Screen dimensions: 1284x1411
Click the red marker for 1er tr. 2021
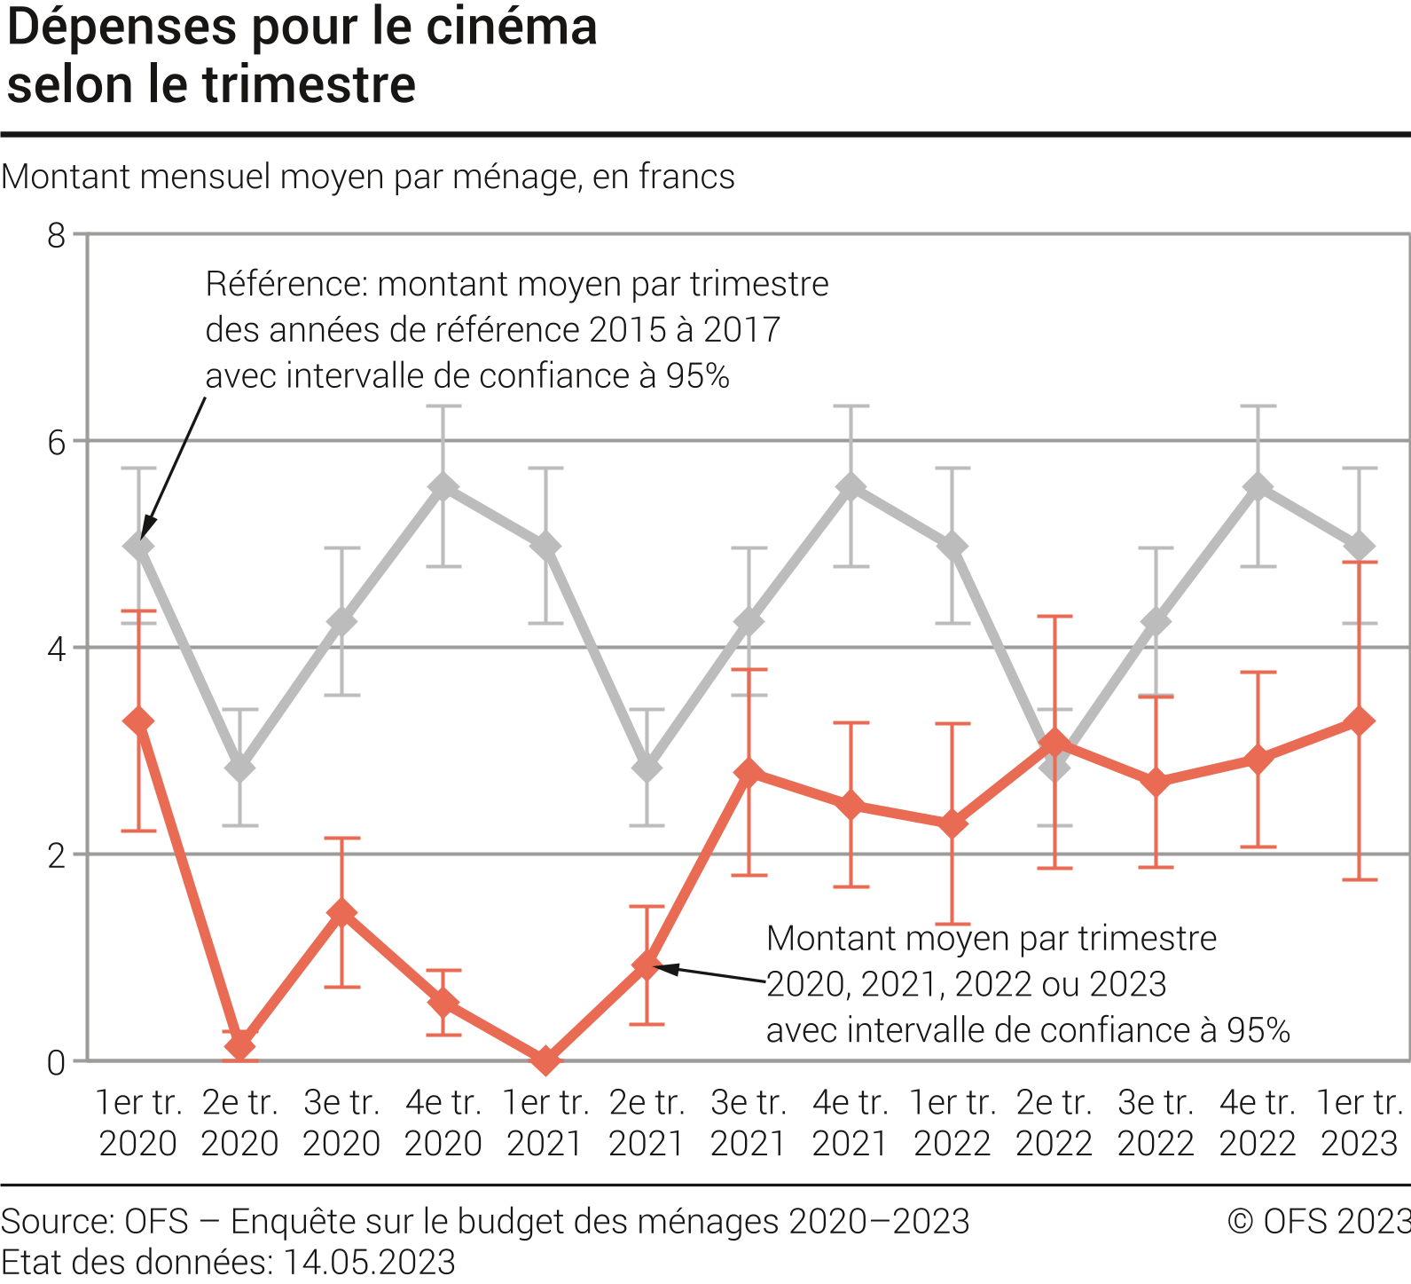click(545, 1059)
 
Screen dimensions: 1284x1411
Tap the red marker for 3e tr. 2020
click(341, 913)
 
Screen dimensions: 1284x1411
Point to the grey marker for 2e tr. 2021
click(647, 768)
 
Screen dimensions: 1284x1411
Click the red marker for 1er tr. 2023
click(1360, 721)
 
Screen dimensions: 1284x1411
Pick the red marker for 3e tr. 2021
click(749, 773)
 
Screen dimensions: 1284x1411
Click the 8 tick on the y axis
click(57, 235)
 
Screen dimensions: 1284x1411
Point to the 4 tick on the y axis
click(57, 649)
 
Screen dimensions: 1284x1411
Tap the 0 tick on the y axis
click(57, 1062)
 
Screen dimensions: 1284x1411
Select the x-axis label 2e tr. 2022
click(1054, 1123)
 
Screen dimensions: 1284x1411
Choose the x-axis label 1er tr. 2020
click(138, 1123)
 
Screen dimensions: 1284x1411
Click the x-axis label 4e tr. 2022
click(1258, 1123)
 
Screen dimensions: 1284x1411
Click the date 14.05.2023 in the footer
click(369, 1262)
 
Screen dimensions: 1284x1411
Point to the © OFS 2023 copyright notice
click(1318, 1221)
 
